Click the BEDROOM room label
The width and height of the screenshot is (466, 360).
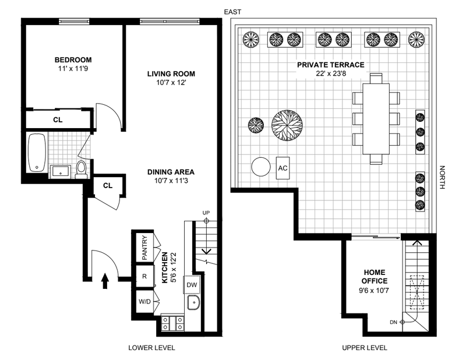(73, 60)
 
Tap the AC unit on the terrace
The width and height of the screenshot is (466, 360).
(283, 168)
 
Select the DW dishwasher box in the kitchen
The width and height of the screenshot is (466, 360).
(192, 285)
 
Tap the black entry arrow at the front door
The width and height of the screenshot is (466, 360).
(105, 282)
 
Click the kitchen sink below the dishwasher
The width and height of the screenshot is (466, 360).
(193, 302)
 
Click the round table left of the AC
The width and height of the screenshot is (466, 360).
(261, 168)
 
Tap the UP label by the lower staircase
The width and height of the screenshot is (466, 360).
(205, 213)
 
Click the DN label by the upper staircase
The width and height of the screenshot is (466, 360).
(393, 322)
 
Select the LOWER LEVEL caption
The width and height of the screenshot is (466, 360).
(151, 348)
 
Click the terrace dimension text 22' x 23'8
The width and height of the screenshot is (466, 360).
(330, 75)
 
